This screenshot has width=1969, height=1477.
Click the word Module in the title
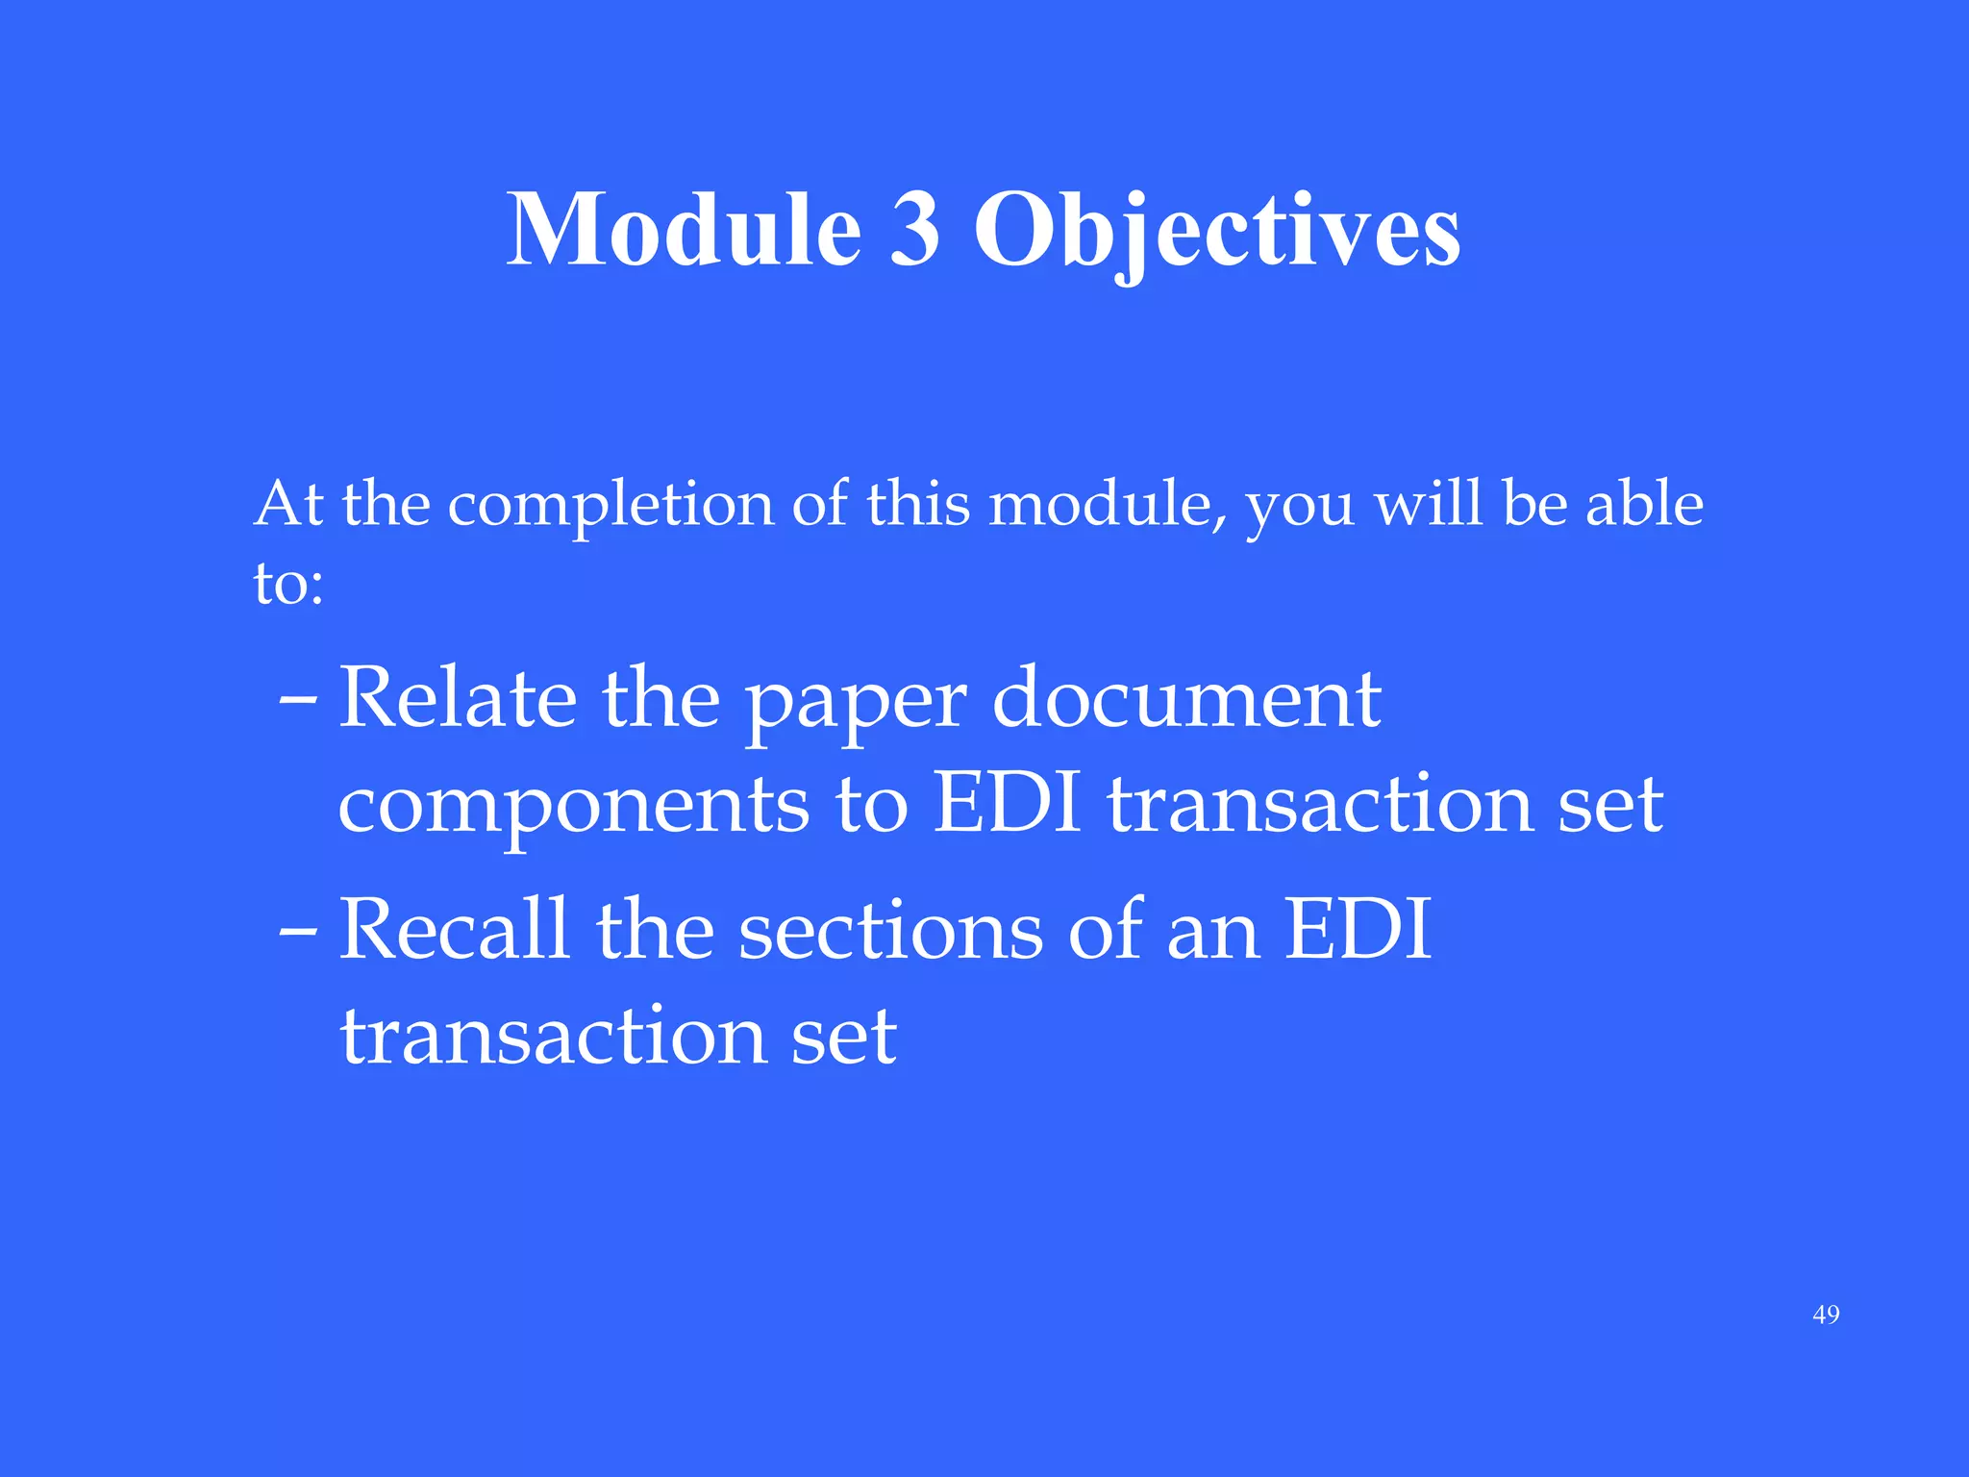(x=684, y=230)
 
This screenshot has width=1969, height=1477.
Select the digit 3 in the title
(x=914, y=230)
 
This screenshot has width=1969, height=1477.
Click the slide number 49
(x=1826, y=1314)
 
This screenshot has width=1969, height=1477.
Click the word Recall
(x=454, y=929)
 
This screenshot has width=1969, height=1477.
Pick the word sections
(x=890, y=931)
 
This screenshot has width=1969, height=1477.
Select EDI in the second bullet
(x=1358, y=929)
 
